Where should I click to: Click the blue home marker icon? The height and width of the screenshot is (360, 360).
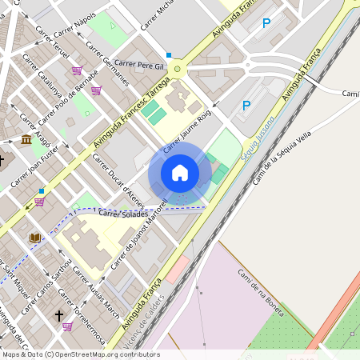coord(180,173)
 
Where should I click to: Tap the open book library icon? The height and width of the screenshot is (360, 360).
coord(34,238)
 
